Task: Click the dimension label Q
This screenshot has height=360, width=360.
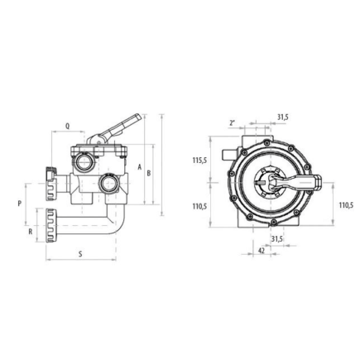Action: pyautogui.click(x=67, y=127)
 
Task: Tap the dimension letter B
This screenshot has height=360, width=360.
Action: pyautogui.click(x=148, y=174)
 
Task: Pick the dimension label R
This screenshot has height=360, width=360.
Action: pyautogui.click(x=31, y=233)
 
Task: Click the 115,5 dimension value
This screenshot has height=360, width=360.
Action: pyautogui.click(x=199, y=161)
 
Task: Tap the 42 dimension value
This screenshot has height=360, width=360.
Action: pyautogui.click(x=262, y=250)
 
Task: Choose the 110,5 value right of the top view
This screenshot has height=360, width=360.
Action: pyautogui.click(x=346, y=205)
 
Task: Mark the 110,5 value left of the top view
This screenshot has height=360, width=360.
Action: pyautogui.click(x=199, y=207)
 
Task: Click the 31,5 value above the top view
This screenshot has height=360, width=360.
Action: pyautogui.click(x=282, y=117)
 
